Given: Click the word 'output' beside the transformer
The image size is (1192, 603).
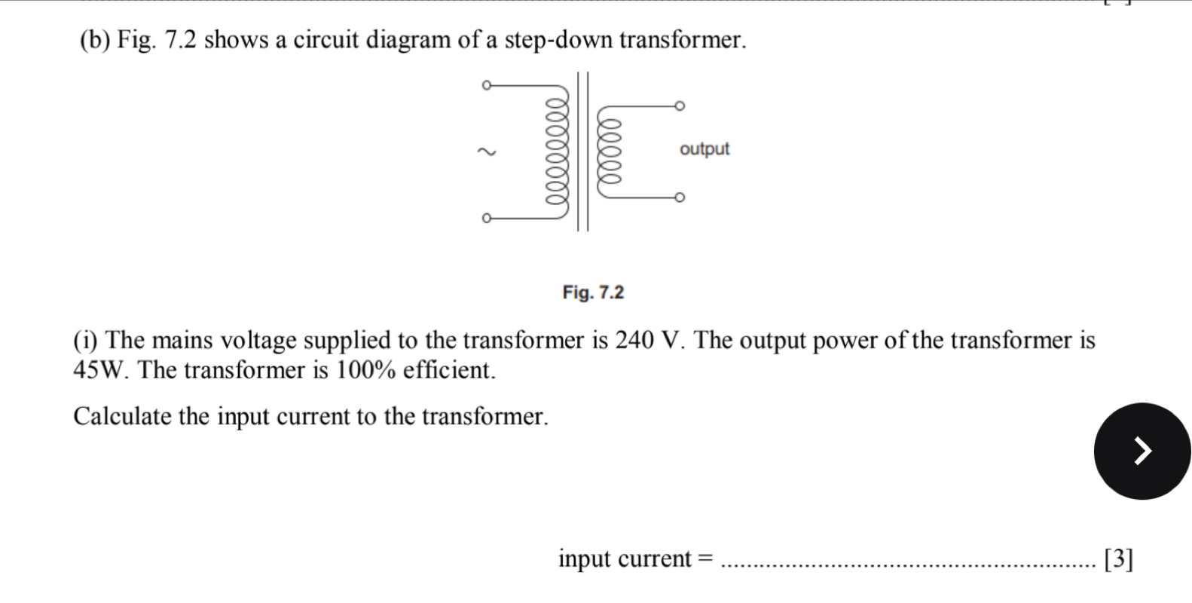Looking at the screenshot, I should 704,149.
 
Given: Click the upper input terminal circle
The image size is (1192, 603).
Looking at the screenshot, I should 486,85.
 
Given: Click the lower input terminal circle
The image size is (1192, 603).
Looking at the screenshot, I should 486,219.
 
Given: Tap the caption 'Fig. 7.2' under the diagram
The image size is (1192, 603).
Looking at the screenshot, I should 593,292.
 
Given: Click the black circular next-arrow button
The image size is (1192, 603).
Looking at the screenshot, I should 1142,451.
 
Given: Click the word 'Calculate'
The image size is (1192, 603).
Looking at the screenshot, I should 123,416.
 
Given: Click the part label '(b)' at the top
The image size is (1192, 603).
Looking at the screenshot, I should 94,40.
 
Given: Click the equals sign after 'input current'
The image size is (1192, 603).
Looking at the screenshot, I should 705,559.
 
